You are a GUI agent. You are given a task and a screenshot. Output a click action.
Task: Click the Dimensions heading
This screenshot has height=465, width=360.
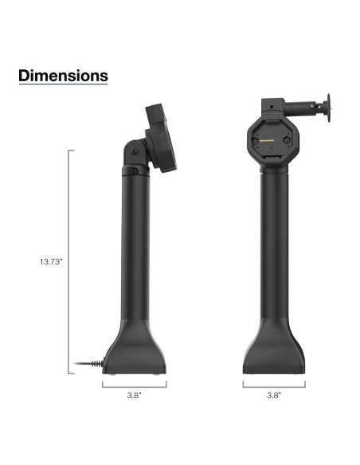(63, 76)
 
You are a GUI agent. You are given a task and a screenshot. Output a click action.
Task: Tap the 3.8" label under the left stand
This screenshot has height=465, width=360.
(134, 394)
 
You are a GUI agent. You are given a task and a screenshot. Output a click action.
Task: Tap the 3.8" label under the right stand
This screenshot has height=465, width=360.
(273, 394)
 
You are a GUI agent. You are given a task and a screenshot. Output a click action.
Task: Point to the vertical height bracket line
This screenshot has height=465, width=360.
(70, 263)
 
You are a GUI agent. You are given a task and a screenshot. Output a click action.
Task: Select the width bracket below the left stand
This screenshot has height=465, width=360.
(134, 383)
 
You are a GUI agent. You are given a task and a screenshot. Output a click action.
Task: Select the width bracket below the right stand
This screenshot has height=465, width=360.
(273, 383)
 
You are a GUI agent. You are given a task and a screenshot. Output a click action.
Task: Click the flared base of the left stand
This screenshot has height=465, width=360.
(134, 350)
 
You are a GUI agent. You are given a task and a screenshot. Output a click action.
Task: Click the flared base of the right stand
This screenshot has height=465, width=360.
(273, 350)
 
